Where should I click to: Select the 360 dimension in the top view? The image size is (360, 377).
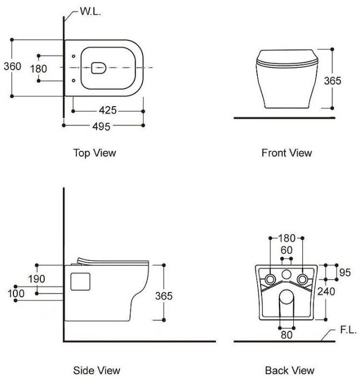[12, 66]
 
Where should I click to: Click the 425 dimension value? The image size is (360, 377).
[108, 110]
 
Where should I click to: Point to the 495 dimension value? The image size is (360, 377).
[101, 126]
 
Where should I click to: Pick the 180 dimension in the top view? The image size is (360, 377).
[38, 69]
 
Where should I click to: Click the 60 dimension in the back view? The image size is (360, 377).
[286, 250]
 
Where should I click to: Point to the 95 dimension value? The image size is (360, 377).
[345, 273]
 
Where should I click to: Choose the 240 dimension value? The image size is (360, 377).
[341, 291]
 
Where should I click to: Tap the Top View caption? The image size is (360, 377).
[94, 153]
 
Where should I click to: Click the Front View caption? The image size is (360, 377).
[286, 153]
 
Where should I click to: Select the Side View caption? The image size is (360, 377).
[96, 370]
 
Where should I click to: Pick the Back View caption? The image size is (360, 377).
[289, 370]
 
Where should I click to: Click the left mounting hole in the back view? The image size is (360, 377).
[270, 278]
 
